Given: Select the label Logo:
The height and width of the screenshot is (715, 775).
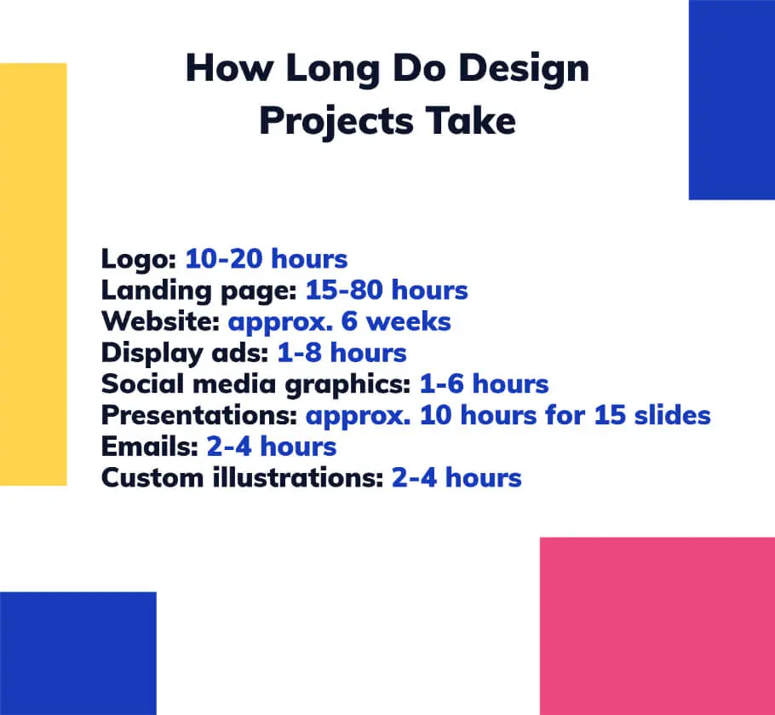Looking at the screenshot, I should click(139, 259).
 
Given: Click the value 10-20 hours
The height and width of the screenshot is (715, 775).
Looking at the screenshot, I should click(267, 259).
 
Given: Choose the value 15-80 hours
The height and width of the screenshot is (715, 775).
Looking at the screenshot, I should click(387, 291).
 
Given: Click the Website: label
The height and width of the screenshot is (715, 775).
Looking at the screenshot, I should click(160, 322).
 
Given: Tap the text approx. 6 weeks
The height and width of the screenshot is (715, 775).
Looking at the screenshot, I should click(339, 322).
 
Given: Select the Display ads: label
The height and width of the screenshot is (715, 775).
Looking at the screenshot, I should click(185, 353).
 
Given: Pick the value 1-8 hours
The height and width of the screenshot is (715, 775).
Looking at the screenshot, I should click(342, 353).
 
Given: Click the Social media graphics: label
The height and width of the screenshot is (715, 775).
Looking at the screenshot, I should click(255, 384).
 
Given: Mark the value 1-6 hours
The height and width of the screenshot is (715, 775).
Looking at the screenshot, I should click(484, 384).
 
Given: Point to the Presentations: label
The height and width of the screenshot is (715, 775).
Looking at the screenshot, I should click(199, 415).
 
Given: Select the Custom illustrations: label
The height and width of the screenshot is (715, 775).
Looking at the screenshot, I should click(242, 477).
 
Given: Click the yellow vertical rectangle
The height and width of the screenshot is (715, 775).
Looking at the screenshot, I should click(33, 274).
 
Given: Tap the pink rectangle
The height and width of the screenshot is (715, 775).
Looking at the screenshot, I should click(657, 626).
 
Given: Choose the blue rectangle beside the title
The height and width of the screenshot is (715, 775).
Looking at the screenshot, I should click(731, 100).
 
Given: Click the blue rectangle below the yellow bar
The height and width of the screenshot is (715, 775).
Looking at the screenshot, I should click(77, 653).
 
